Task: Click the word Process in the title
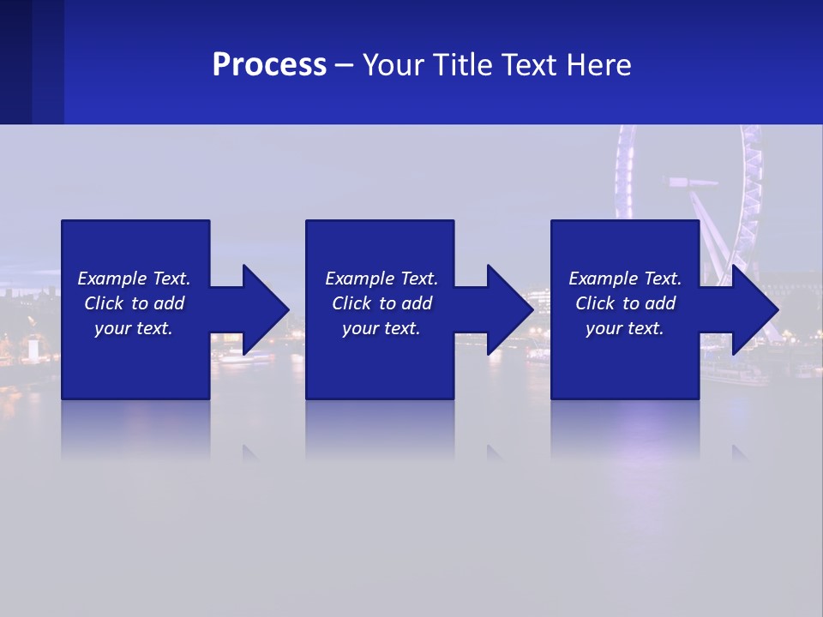click(x=269, y=65)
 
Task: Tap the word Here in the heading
click(x=598, y=65)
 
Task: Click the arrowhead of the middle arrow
click(x=510, y=309)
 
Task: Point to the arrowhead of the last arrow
click(x=754, y=309)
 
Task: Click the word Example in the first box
click(x=112, y=279)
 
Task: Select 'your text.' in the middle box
click(x=381, y=328)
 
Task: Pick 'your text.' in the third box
click(x=624, y=328)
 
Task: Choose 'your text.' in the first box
click(x=133, y=328)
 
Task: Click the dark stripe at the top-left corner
click(x=15, y=62)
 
